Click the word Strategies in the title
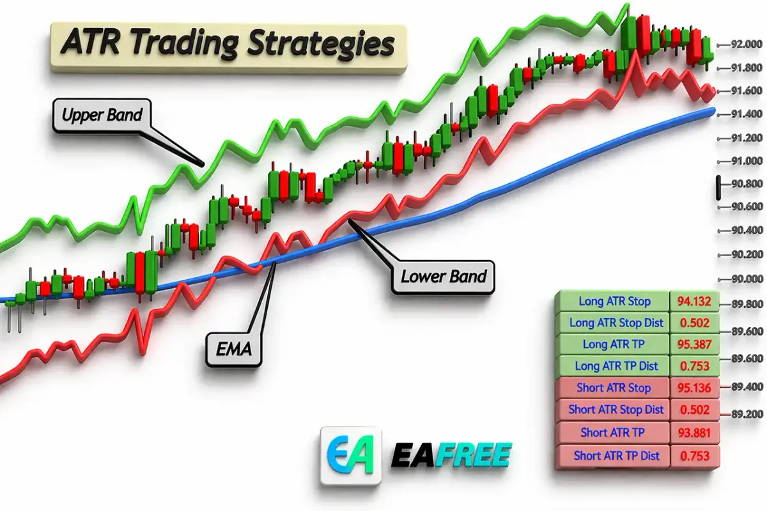(321, 44)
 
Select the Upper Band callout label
(102, 115)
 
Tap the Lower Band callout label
(444, 277)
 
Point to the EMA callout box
(233, 349)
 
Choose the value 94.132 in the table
(694, 301)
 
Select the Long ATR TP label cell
(613, 344)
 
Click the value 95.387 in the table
(694, 344)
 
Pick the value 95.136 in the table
(694, 388)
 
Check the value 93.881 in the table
(694, 433)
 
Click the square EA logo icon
(351, 455)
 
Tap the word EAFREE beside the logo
(451, 455)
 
